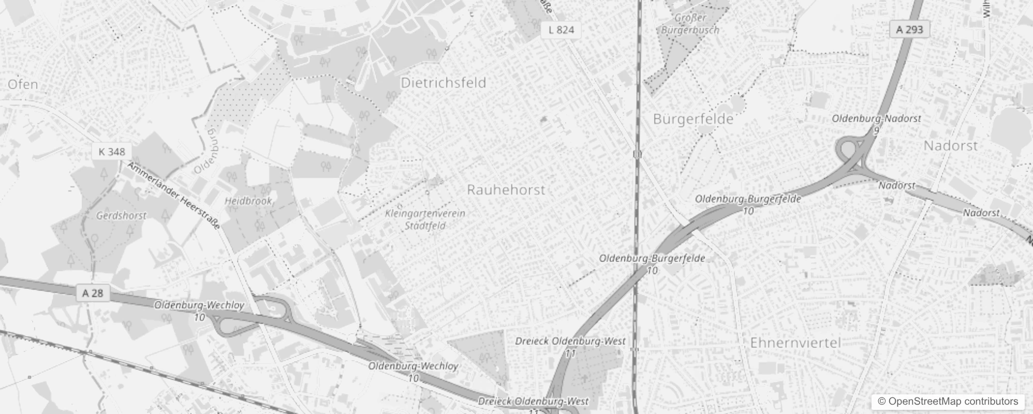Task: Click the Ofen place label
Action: click(23, 84)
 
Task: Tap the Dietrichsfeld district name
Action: click(444, 83)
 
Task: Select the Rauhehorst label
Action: click(506, 190)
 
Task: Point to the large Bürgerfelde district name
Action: click(693, 120)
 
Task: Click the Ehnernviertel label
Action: click(795, 343)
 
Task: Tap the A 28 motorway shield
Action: click(93, 293)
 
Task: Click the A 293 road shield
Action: click(909, 29)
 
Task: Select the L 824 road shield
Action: click(561, 30)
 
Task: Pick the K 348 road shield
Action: click(111, 152)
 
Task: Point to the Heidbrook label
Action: click(248, 201)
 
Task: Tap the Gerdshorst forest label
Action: click(121, 216)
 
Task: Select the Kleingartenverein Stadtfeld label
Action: click(425, 219)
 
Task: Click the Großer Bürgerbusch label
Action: click(690, 24)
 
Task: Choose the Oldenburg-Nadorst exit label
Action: click(876, 119)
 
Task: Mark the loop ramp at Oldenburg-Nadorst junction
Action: click(847, 150)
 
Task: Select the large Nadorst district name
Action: click(951, 146)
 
